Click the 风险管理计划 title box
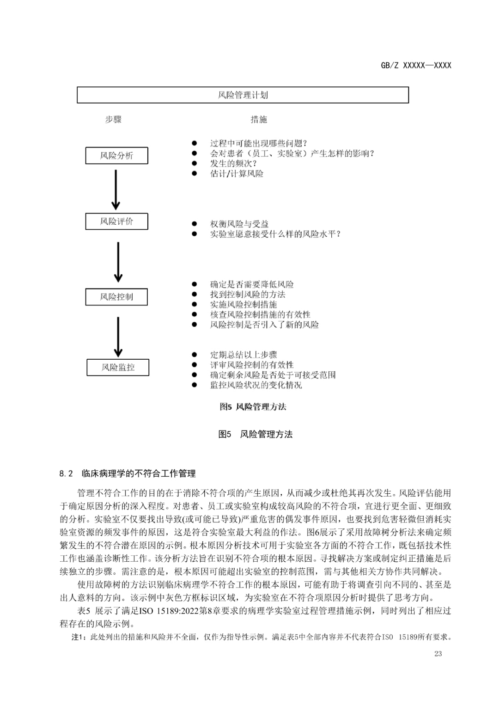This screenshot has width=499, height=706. click(243, 95)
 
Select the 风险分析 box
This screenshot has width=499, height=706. click(116, 156)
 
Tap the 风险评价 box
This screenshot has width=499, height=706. click(116, 221)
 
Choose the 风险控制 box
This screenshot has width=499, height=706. click(116, 297)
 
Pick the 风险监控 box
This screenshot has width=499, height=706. click(118, 368)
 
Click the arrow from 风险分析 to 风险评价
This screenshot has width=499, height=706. click(116, 190)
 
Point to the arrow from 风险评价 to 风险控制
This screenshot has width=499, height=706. click(118, 262)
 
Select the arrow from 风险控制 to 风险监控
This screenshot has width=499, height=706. click(118, 336)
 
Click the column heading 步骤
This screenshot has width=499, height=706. click(113, 120)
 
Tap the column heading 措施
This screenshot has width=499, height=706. click(259, 120)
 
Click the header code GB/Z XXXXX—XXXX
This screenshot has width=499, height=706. click(416, 66)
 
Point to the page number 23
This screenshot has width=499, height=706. click(438, 654)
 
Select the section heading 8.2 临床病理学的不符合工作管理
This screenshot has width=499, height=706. click(128, 473)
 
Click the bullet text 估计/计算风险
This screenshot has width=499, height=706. click(237, 174)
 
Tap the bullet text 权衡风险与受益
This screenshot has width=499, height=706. click(239, 224)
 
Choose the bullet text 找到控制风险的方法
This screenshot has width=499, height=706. click(248, 295)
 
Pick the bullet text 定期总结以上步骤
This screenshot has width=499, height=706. click(243, 355)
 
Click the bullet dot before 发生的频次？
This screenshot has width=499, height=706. click(195, 164)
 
